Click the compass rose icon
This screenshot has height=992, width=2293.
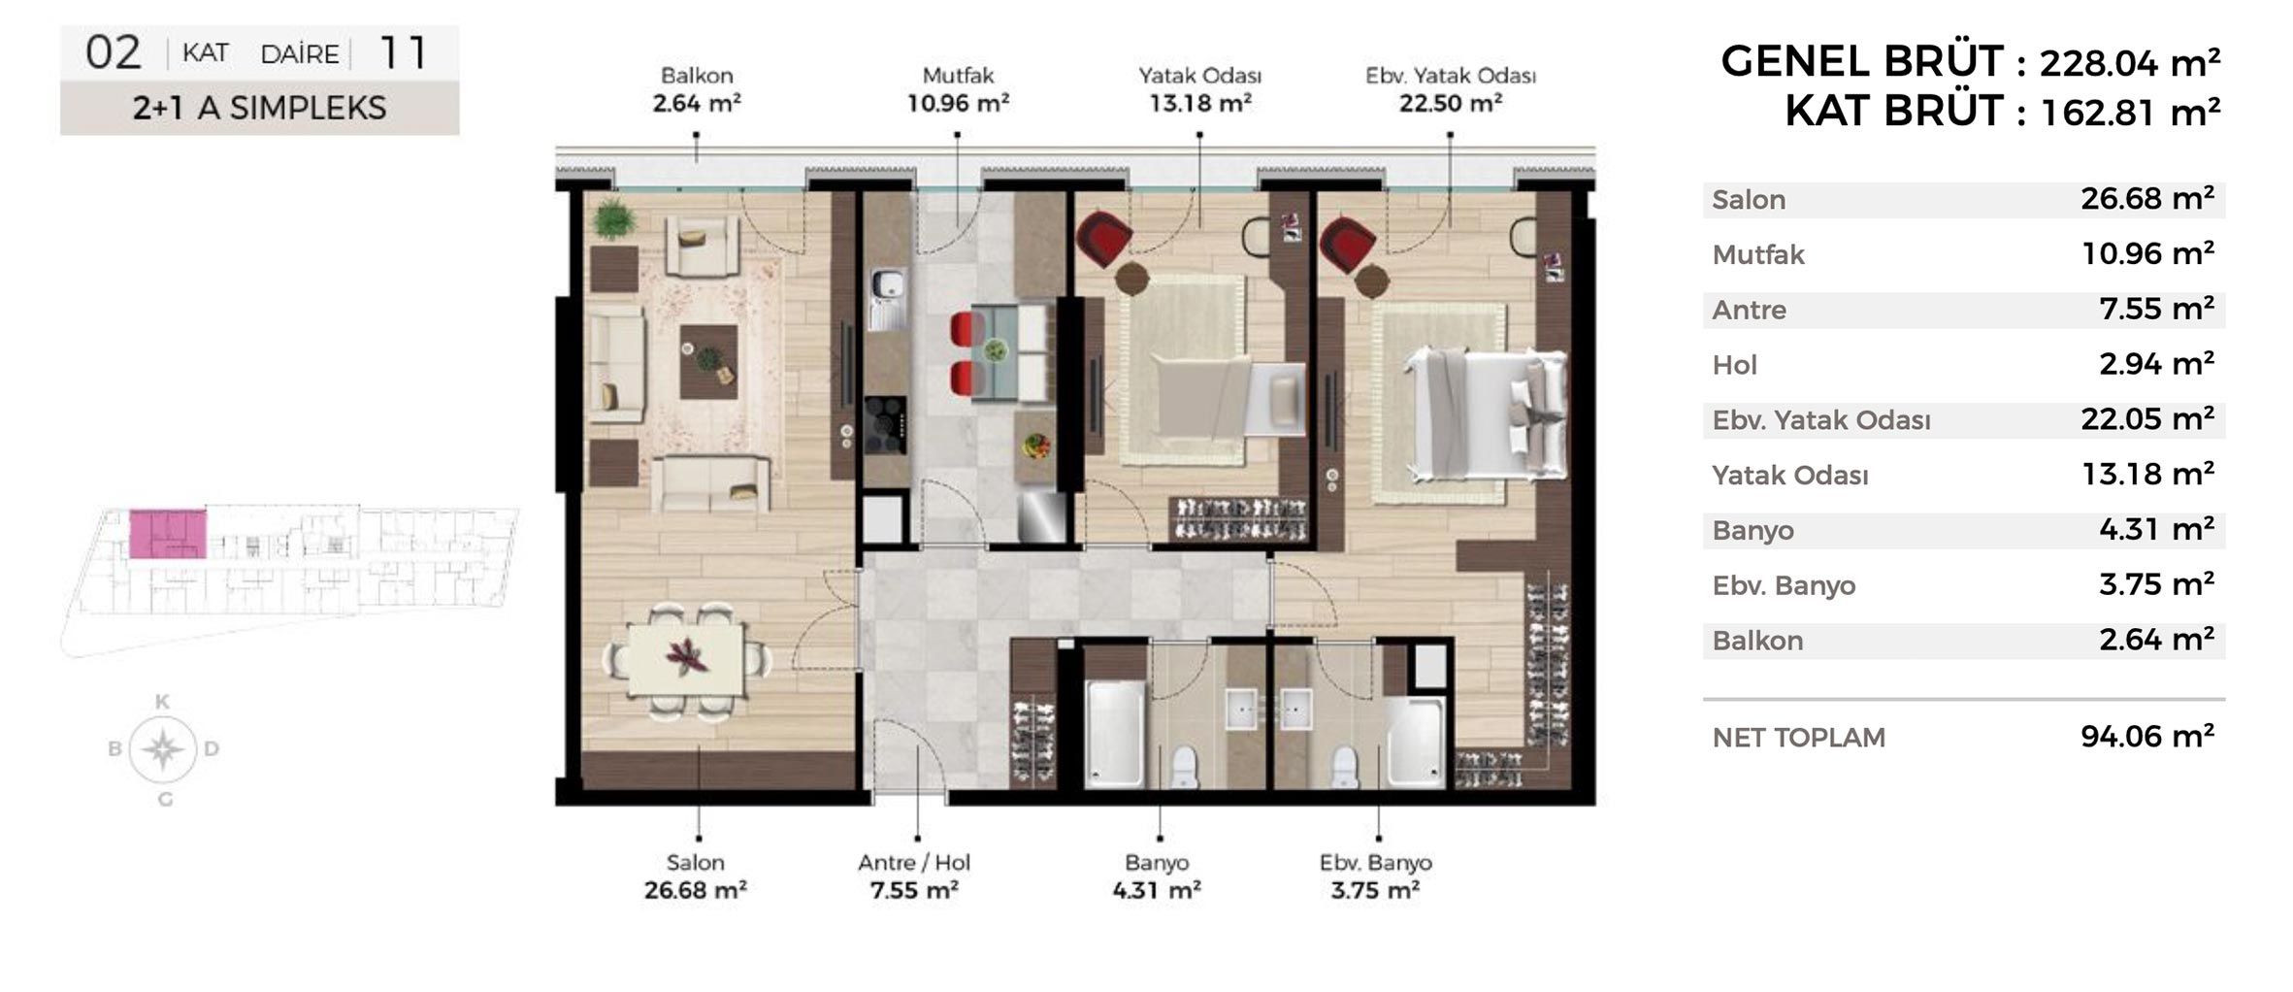[x=163, y=749]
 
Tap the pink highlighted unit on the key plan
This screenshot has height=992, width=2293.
[x=168, y=533]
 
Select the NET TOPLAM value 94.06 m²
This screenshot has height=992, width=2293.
[x=2146, y=736]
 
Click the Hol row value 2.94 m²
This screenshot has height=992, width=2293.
[x=2156, y=364]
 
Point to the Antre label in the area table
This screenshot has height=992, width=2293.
[x=1749, y=310]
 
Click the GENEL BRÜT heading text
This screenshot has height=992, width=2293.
[x=1861, y=61]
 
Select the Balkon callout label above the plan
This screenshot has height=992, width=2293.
[x=697, y=76]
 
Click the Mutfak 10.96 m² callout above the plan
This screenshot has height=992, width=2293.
[x=958, y=89]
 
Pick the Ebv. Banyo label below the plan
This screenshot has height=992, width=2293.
[x=1375, y=862]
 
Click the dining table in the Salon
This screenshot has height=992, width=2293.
[x=687, y=661]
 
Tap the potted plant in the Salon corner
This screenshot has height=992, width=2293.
[x=613, y=219]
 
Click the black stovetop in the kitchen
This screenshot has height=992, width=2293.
[x=885, y=425]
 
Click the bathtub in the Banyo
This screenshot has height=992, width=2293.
[x=1114, y=734]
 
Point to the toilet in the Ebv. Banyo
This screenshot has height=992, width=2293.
[x=1344, y=766]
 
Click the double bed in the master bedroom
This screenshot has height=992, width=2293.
[x=1485, y=416]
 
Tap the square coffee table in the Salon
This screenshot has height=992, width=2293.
[x=708, y=362]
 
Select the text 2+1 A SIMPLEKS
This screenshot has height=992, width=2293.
[x=259, y=109]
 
